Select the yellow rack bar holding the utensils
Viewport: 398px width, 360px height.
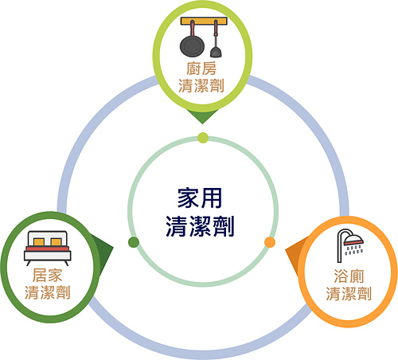tap(204, 22)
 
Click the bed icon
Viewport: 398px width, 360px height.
tap(48, 248)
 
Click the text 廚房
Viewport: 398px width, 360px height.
tap(201, 68)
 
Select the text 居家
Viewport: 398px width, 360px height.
tap(48, 275)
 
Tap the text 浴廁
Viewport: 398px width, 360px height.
tap(349, 276)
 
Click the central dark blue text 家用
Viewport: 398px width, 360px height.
tap(200, 198)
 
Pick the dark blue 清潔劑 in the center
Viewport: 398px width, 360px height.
tap(200, 226)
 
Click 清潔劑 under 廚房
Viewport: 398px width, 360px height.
tap(201, 86)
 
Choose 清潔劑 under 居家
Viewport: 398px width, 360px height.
tap(48, 292)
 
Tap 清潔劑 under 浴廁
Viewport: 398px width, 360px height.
tap(349, 294)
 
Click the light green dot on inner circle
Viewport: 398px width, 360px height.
tap(203, 138)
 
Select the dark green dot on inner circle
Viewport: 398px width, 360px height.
tap(134, 242)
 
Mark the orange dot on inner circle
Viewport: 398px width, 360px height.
tap(270, 242)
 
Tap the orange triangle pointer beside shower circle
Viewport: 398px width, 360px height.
tap(295, 255)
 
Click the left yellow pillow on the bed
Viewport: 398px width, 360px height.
tap(39, 242)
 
